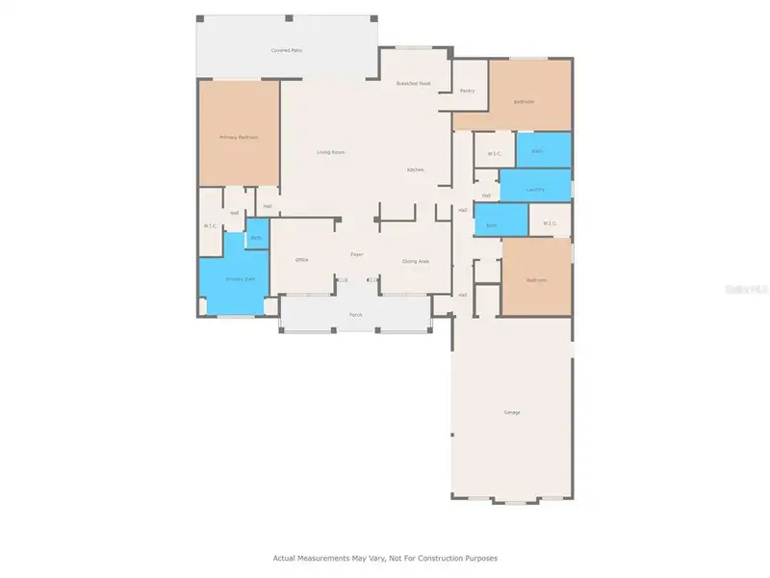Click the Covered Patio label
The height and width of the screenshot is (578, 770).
(286, 49)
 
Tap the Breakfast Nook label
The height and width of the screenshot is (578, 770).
(413, 84)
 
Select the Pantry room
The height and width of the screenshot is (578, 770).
(467, 91)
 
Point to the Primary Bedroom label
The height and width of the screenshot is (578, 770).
(239, 137)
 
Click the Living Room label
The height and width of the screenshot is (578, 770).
(331, 152)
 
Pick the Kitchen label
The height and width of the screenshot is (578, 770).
(415, 170)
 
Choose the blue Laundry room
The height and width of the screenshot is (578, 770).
(535, 189)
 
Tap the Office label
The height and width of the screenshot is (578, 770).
(301, 260)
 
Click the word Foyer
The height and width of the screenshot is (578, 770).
(356, 254)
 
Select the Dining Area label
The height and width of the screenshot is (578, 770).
(415, 260)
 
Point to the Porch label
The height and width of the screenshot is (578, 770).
(355, 314)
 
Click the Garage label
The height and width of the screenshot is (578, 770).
(511, 412)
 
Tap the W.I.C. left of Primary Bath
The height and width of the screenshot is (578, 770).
(210, 225)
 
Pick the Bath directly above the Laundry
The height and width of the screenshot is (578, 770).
(537, 151)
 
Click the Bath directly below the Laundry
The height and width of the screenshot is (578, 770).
(491, 225)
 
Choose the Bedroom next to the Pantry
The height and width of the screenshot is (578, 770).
(524, 101)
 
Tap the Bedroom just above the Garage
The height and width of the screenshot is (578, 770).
(536, 280)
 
